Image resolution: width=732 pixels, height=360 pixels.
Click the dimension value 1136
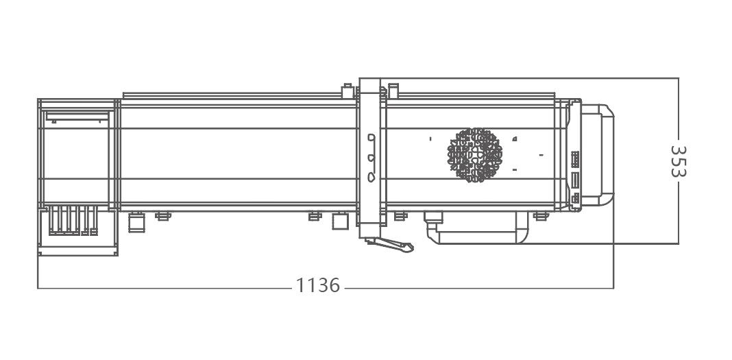click(318, 285)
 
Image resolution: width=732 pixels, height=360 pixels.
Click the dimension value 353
click(678, 161)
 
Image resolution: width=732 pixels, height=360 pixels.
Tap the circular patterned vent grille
click(475, 154)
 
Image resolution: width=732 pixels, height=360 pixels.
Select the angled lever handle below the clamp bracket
click(389, 243)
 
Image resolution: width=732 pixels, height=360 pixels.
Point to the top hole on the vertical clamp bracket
click(371, 137)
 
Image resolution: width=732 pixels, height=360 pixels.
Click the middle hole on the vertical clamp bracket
click(371, 158)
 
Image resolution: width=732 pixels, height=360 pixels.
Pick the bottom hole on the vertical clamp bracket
click(371, 177)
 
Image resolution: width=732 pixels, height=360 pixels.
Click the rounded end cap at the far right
click(597, 154)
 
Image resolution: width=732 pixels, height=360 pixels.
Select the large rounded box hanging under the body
click(477, 228)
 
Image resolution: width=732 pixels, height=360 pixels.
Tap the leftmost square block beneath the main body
click(136, 221)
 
